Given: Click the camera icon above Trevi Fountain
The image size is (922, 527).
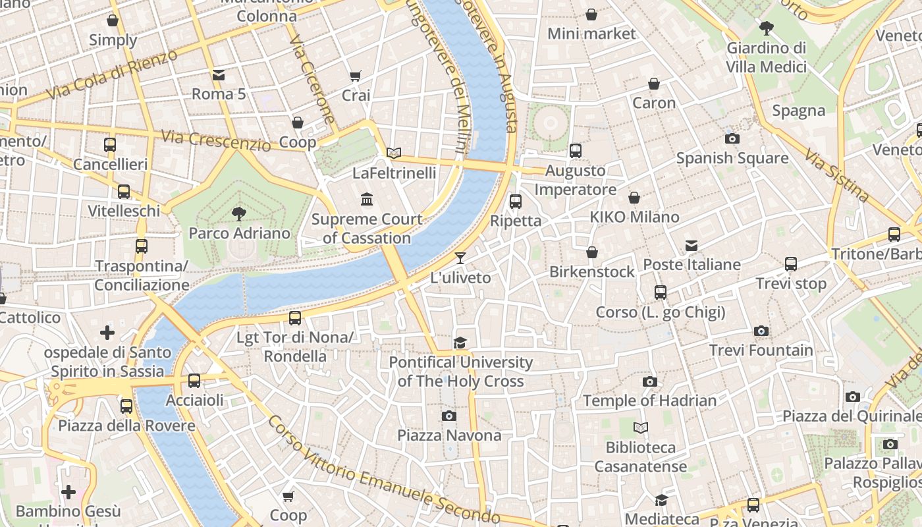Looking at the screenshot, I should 761,331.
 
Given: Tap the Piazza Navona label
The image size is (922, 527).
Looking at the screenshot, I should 449,435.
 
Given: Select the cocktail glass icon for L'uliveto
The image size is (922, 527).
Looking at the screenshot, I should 460,258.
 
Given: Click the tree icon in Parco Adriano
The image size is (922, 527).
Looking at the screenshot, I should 239,213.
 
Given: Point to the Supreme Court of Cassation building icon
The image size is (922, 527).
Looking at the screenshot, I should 367,199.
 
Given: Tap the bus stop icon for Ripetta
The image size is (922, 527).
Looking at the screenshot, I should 516,201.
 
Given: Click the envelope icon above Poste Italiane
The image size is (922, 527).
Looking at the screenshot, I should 691,245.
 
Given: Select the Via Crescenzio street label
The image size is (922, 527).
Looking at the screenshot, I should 216,140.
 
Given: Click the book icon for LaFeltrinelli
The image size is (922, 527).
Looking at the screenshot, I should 394,153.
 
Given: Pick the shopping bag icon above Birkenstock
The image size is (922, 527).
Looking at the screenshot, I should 592,252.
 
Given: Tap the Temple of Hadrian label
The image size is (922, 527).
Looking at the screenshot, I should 649,401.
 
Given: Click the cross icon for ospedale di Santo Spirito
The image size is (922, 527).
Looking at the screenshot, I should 107,333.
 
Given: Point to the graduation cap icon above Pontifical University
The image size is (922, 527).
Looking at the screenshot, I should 460,343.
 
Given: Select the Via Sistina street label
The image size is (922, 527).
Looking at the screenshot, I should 836,174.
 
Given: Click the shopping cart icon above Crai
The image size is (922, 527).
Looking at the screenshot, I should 356,76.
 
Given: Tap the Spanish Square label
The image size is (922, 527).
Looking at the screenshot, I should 732,158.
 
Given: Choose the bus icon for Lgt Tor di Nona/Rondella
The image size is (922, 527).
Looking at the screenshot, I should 295,318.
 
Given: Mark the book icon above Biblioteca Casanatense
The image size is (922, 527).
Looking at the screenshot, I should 641,428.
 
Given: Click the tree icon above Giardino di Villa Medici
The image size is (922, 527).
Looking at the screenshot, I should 766,28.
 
